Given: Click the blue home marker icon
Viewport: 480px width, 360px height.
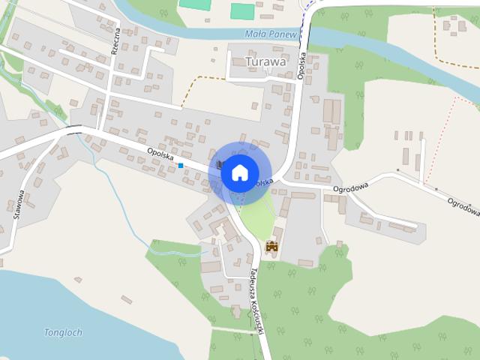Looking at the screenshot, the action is coord(239,172).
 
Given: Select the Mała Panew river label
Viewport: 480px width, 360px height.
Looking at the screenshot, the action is coord(271,34).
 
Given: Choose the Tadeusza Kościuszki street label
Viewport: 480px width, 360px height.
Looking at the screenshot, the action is coord(259,301).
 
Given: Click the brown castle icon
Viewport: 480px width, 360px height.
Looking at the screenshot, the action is coord(271,245).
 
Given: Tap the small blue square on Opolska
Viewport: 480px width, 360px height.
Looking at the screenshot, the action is coord(181,165).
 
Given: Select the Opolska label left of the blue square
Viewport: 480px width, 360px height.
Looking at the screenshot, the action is coord(161,155).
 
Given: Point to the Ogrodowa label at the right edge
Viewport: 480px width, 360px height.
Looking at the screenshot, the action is coord(463,207).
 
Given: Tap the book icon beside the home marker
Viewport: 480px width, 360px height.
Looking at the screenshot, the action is coord(219,164).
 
